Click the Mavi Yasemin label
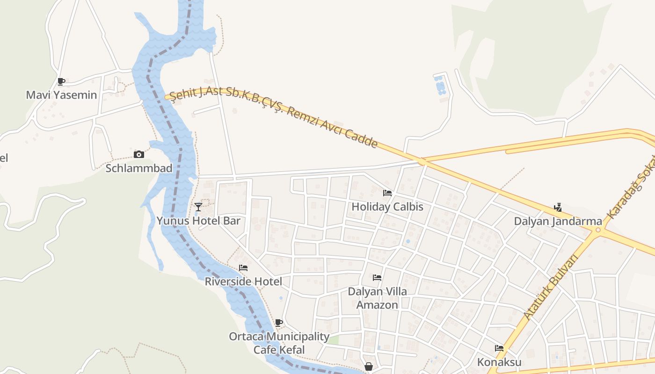click(x=61, y=95)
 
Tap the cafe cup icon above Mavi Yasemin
click(x=61, y=82)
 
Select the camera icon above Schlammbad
click(x=138, y=154)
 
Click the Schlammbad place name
click(x=138, y=168)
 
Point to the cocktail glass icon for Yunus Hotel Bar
click(x=198, y=207)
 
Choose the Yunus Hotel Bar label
click(x=198, y=221)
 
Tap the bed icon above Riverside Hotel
click(x=243, y=268)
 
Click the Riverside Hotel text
click(x=243, y=281)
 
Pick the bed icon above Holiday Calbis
click(x=387, y=193)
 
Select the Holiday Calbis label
click(x=387, y=207)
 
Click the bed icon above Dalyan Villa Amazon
click(x=377, y=278)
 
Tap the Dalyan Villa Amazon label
click(x=377, y=298)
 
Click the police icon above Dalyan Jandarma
click(x=558, y=207)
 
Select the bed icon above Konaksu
click(x=499, y=348)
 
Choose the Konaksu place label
click(x=499, y=362)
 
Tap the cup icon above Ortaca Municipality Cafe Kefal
click(x=279, y=323)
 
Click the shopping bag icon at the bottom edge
click(x=369, y=367)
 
